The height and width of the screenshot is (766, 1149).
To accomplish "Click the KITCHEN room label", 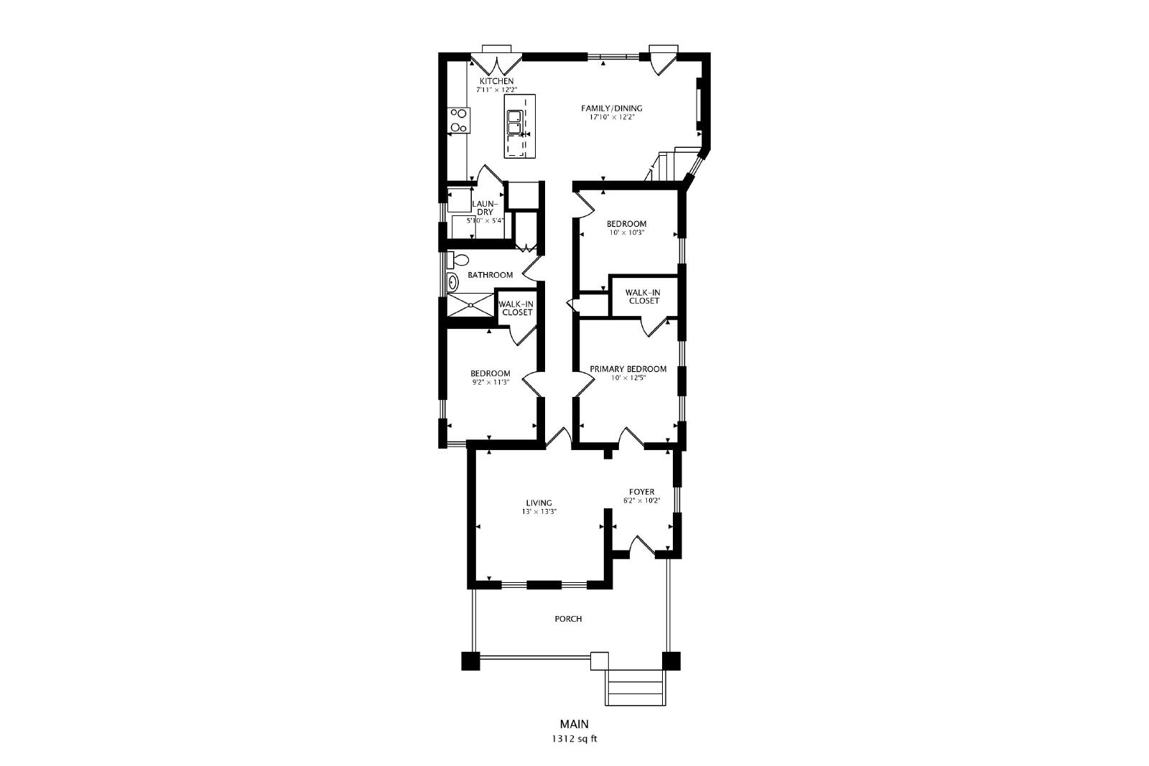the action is tap(496, 81).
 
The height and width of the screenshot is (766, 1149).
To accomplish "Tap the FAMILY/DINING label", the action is tap(611, 108).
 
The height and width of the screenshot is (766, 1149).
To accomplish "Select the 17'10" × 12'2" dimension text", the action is tap(611, 117).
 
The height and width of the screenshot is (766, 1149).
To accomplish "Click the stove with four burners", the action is tap(100, 120).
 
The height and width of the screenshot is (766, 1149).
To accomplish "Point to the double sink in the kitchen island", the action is tap(514, 122).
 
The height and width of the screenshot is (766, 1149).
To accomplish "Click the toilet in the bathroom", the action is tap(457, 260).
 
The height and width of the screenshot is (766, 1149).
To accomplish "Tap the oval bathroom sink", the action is tap(452, 283).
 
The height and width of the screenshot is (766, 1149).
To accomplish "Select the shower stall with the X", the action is tap(470, 304).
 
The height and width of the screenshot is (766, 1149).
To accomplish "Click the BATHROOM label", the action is tap(490, 275).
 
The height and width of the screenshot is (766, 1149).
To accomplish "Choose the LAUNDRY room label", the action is tap(485, 208).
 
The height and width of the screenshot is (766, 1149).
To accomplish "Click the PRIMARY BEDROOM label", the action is tap(628, 369).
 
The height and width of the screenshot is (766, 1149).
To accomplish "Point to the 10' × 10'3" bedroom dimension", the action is tap(626, 233).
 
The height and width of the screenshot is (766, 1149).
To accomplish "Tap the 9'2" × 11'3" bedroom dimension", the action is tap(490, 382).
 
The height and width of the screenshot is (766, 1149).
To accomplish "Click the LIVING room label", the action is tap(539, 503).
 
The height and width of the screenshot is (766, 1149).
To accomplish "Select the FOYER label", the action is tap(642, 492).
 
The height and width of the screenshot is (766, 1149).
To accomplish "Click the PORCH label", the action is tap(568, 619).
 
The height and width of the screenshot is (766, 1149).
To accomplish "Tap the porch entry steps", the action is tap(636, 687).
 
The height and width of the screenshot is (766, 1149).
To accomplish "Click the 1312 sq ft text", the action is tap(574, 739).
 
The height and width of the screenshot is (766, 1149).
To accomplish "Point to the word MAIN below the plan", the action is tap(574, 724).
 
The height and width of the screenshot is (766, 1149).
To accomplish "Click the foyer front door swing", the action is tap(642, 546).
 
